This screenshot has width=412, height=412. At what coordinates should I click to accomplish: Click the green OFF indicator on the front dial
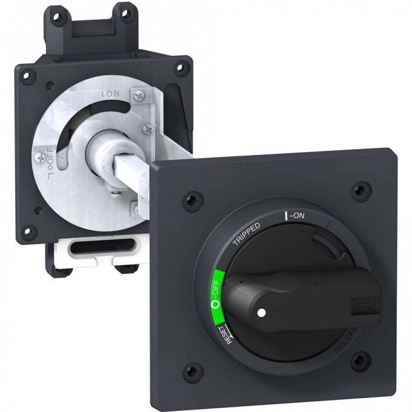pyautogui.click(x=217, y=290)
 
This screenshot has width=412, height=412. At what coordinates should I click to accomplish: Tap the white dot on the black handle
pyautogui.click(x=261, y=313)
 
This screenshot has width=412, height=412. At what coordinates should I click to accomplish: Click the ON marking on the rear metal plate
pyautogui.click(x=112, y=95)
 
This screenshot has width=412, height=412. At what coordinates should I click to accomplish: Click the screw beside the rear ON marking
pyautogui.click(x=140, y=94)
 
